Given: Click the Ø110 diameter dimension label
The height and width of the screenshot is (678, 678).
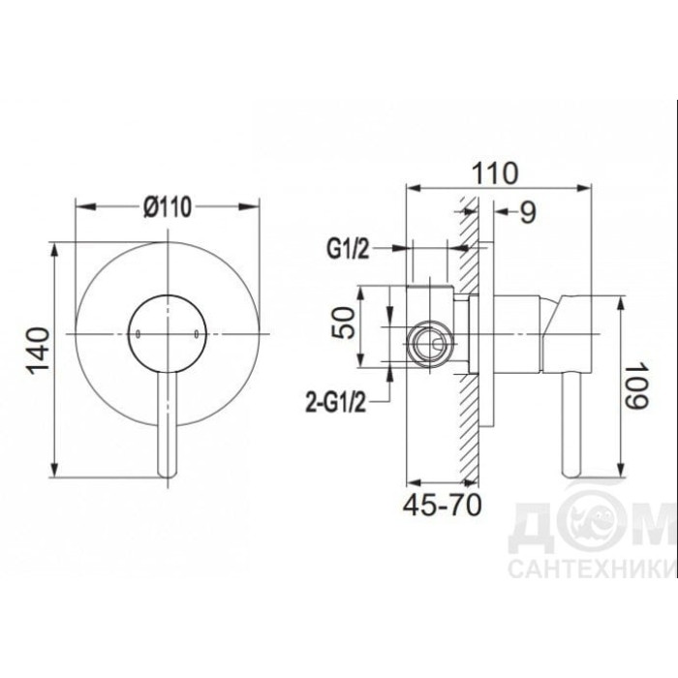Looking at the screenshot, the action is [168, 206].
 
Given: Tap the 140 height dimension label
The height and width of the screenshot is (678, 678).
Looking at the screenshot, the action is [39, 351].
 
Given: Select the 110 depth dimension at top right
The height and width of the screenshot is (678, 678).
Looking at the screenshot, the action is [494, 173].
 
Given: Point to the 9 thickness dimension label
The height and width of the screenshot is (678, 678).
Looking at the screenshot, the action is [528, 212].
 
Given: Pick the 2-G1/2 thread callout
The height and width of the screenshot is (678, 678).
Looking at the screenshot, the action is [335, 402].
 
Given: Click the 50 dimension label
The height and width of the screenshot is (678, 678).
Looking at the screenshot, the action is [343, 323].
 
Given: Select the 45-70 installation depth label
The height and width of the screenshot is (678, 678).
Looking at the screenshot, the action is [442, 505].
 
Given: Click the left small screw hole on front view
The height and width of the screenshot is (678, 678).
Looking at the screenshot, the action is [138, 334].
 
